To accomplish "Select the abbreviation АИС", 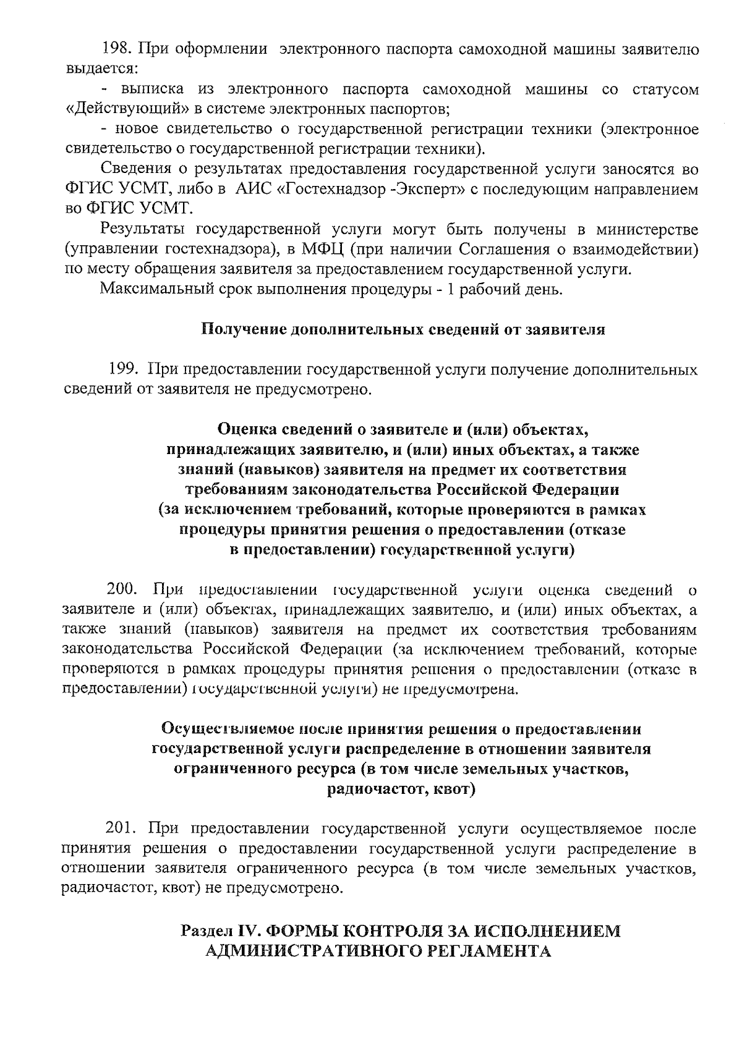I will point(250,189).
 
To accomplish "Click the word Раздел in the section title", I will point(208,930).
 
